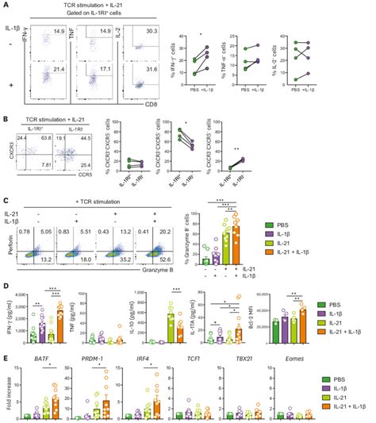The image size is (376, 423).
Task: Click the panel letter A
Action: (6, 6)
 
